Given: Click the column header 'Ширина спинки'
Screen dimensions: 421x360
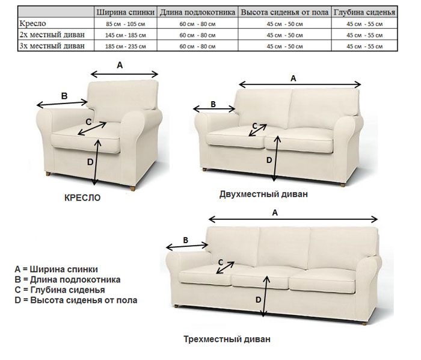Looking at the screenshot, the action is pos(125,13).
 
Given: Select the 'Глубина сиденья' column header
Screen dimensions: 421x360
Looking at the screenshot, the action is pos(364,13).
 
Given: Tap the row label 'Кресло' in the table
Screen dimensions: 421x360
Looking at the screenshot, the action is pos(32,23).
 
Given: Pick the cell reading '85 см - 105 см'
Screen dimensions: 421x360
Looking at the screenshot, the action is pos(125,24).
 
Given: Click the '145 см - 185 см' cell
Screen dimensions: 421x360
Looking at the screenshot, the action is pos(125,35).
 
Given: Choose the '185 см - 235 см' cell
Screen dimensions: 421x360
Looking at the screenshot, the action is pos(125,46).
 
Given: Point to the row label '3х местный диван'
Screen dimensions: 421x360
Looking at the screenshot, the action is pos(52,46).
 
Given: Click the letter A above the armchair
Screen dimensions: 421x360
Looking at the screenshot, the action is pos(120,65).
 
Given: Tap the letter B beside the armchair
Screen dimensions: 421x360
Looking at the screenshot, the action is pos(64,96).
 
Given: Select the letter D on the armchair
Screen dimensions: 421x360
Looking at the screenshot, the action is pos(90,162).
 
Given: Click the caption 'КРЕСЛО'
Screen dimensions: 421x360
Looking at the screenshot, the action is pos(82,197).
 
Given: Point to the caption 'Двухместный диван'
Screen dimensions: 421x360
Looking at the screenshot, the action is pos(263,194).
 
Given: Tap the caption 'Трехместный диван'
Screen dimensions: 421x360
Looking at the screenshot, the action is pos(227,339).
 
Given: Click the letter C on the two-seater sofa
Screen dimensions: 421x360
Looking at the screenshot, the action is pos(255,126).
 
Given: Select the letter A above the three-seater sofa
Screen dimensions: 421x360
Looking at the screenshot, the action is pos(275,213).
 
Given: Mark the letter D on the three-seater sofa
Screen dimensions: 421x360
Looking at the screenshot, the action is pos(258,300).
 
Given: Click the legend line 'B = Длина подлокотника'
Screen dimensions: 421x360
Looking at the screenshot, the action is pos(67,280).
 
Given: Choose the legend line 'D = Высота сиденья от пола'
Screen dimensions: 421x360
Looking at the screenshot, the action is pos(76,300).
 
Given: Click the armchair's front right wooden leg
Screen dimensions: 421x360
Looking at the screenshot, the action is pos(132,188).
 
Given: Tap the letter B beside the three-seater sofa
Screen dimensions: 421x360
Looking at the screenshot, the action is pos(185,240).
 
